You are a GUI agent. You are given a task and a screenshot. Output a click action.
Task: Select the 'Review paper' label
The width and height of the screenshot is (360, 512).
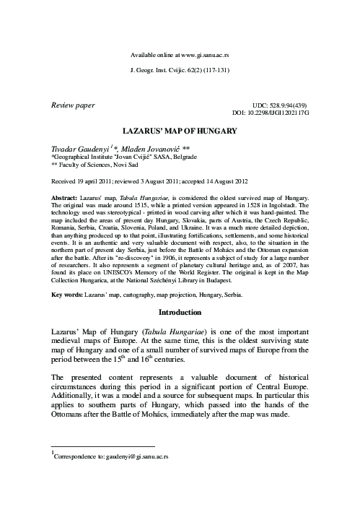pos(72,105)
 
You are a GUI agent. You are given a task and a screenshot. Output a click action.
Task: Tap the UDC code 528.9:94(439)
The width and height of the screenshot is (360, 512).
pos(287,105)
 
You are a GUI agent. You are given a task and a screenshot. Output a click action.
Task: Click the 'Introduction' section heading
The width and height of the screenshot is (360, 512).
pos(180,313)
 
